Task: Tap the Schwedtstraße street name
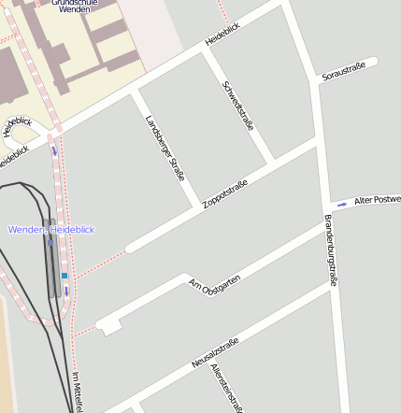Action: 237,105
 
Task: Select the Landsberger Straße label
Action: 165,148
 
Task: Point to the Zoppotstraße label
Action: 224,193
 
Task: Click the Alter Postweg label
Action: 376,200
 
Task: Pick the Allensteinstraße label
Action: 228,387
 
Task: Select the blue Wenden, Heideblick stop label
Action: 51,229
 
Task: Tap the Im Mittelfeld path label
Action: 79,392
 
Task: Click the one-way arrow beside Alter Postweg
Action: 342,203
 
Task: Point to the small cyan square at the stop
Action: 64,276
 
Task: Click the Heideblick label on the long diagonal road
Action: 222,38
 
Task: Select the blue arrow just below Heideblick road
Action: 54,150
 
